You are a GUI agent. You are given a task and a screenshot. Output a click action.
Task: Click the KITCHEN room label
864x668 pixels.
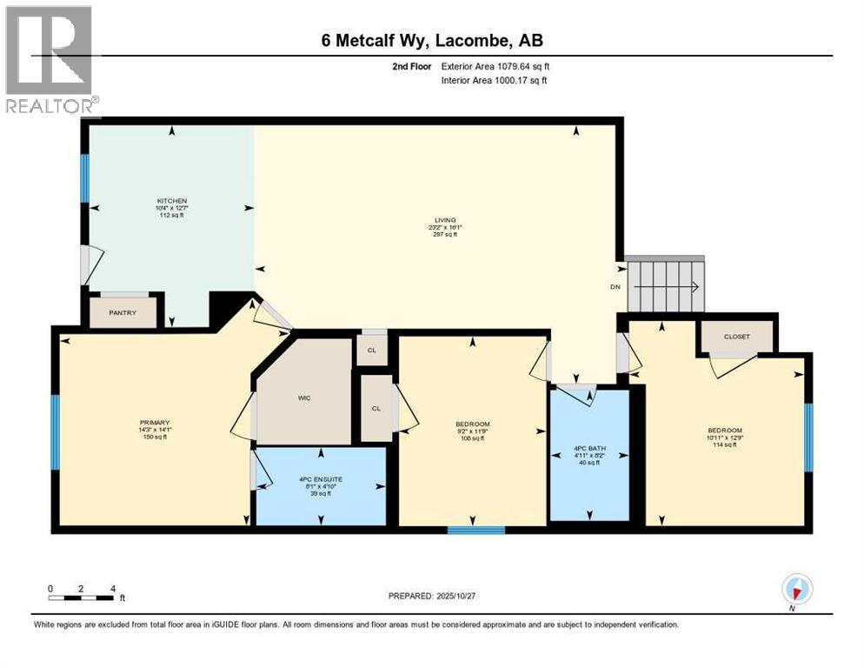pos(172,201)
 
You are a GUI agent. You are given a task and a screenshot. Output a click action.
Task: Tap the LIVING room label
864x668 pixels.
pos(446,220)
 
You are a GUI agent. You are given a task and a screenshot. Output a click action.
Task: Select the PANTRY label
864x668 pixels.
pos(123,312)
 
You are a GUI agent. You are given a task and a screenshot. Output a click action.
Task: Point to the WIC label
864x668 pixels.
pos(304,397)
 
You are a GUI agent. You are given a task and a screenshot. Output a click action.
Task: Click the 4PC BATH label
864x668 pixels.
pos(590,449)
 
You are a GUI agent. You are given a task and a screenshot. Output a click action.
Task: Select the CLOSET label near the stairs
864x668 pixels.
pos(736,337)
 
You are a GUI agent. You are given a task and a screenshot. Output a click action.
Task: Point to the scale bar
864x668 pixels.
pos(82,597)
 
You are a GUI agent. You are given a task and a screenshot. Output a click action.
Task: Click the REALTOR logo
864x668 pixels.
pos(50,59)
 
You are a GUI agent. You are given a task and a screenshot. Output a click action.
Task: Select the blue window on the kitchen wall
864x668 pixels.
pos(85,178)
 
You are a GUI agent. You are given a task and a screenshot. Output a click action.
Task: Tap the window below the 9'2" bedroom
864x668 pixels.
pos(475,530)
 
